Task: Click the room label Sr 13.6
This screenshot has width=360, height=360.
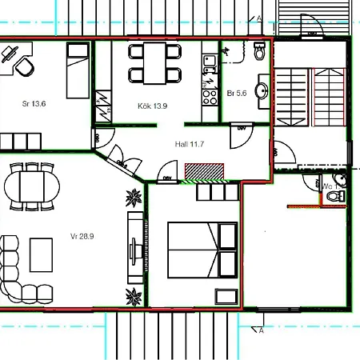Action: pos(34,104)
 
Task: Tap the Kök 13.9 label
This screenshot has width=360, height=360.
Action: pos(153,106)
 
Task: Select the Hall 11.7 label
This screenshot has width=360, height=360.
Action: pos(190,145)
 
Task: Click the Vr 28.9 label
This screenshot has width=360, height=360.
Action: pos(82,236)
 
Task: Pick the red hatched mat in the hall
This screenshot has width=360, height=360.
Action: pos(204,172)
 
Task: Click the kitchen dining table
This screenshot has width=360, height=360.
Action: pos(154,63)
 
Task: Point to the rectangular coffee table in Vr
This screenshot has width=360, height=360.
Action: pos(41,254)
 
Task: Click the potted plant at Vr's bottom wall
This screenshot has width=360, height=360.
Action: pos(133,297)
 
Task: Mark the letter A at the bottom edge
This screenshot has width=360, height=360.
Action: pos(262,330)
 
